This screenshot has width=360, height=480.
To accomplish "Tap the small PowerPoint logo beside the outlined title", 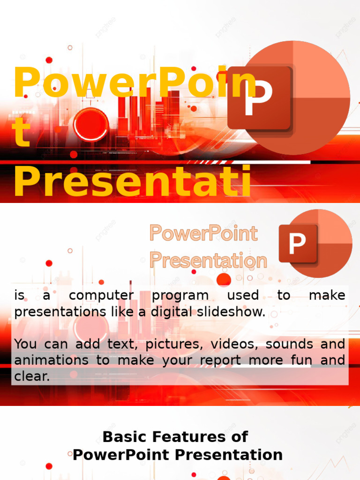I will pyautogui.click(x=315, y=243).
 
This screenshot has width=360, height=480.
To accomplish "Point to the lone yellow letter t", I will pyautogui.click(x=22, y=133).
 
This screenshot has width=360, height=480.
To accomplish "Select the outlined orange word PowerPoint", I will pyautogui.click(x=203, y=233).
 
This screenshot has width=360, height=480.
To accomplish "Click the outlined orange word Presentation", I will pyautogui.click(x=208, y=260).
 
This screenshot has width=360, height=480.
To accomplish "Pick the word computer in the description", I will pyautogui.click(x=101, y=296).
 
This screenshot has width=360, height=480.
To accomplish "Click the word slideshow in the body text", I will pyautogui.click(x=229, y=312).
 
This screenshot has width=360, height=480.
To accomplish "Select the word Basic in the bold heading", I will pyautogui.click(x=121, y=437).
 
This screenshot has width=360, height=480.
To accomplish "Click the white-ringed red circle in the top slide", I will pyautogui.click(x=91, y=125).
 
